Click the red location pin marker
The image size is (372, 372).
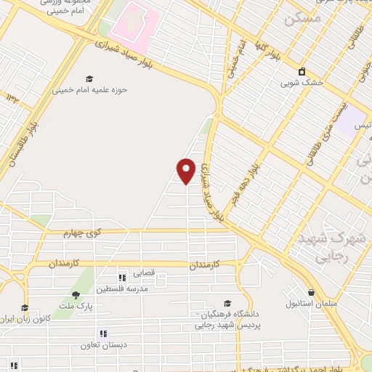[x=187, y=171]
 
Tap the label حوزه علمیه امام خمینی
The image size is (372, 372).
[x=89, y=90]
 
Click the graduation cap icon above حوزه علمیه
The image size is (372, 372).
[x=89, y=78]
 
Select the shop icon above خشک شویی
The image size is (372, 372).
[x=302, y=70]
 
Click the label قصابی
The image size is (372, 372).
[x=142, y=276]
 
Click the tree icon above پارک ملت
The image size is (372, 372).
[x=76, y=294]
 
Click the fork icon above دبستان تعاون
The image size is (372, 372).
[x=103, y=333]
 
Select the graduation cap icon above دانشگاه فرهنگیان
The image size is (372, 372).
[x=227, y=304]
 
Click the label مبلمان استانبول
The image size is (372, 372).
[x=309, y=302]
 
